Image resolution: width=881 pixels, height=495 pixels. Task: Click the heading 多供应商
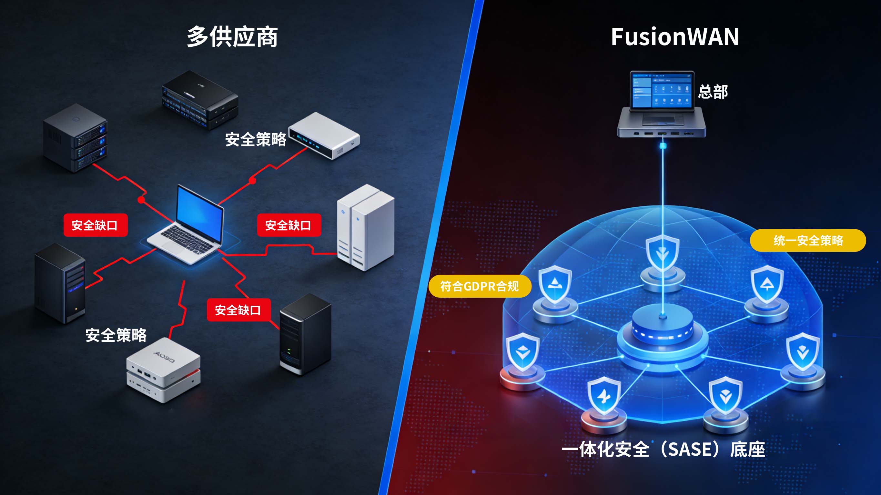point(232,37)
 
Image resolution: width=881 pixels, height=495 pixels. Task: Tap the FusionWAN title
point(675,37)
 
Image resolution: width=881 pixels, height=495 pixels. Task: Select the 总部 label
point(713,92)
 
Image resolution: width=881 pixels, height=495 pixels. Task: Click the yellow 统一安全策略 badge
point(808,240)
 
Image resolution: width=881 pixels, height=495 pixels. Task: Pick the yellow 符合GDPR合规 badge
point(480,286)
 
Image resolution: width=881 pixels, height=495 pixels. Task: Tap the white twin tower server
point(365,227)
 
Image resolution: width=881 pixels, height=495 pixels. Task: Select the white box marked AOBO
point(164,369)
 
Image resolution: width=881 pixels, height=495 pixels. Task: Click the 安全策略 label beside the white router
point(256,140)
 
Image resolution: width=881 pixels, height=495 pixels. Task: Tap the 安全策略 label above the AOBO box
point(116,335)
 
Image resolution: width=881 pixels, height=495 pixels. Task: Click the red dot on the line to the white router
point(252,181)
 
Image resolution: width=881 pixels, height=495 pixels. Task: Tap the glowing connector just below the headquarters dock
point(663,146)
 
